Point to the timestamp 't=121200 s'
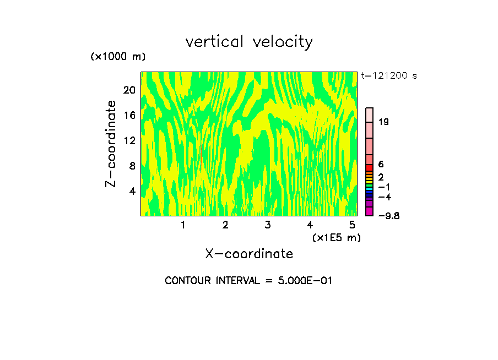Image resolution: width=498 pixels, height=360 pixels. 389,75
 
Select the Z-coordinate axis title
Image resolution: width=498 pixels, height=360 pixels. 111,144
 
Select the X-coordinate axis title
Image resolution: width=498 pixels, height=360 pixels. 249,254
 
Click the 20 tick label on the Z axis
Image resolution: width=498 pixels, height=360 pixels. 128,90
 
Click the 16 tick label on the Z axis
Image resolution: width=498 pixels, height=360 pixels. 128,116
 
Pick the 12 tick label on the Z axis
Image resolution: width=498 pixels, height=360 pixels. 128,141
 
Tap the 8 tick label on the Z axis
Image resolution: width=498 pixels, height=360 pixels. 132,166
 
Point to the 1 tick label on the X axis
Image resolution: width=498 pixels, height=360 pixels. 183,225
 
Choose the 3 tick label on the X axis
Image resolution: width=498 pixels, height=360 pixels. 267,225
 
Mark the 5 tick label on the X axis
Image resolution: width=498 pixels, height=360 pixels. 352,225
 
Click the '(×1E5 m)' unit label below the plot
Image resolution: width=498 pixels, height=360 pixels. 336,237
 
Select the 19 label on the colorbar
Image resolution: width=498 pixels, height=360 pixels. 384,122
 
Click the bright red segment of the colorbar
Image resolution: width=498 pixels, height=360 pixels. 370,167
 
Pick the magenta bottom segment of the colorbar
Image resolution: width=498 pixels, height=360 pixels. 370,211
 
